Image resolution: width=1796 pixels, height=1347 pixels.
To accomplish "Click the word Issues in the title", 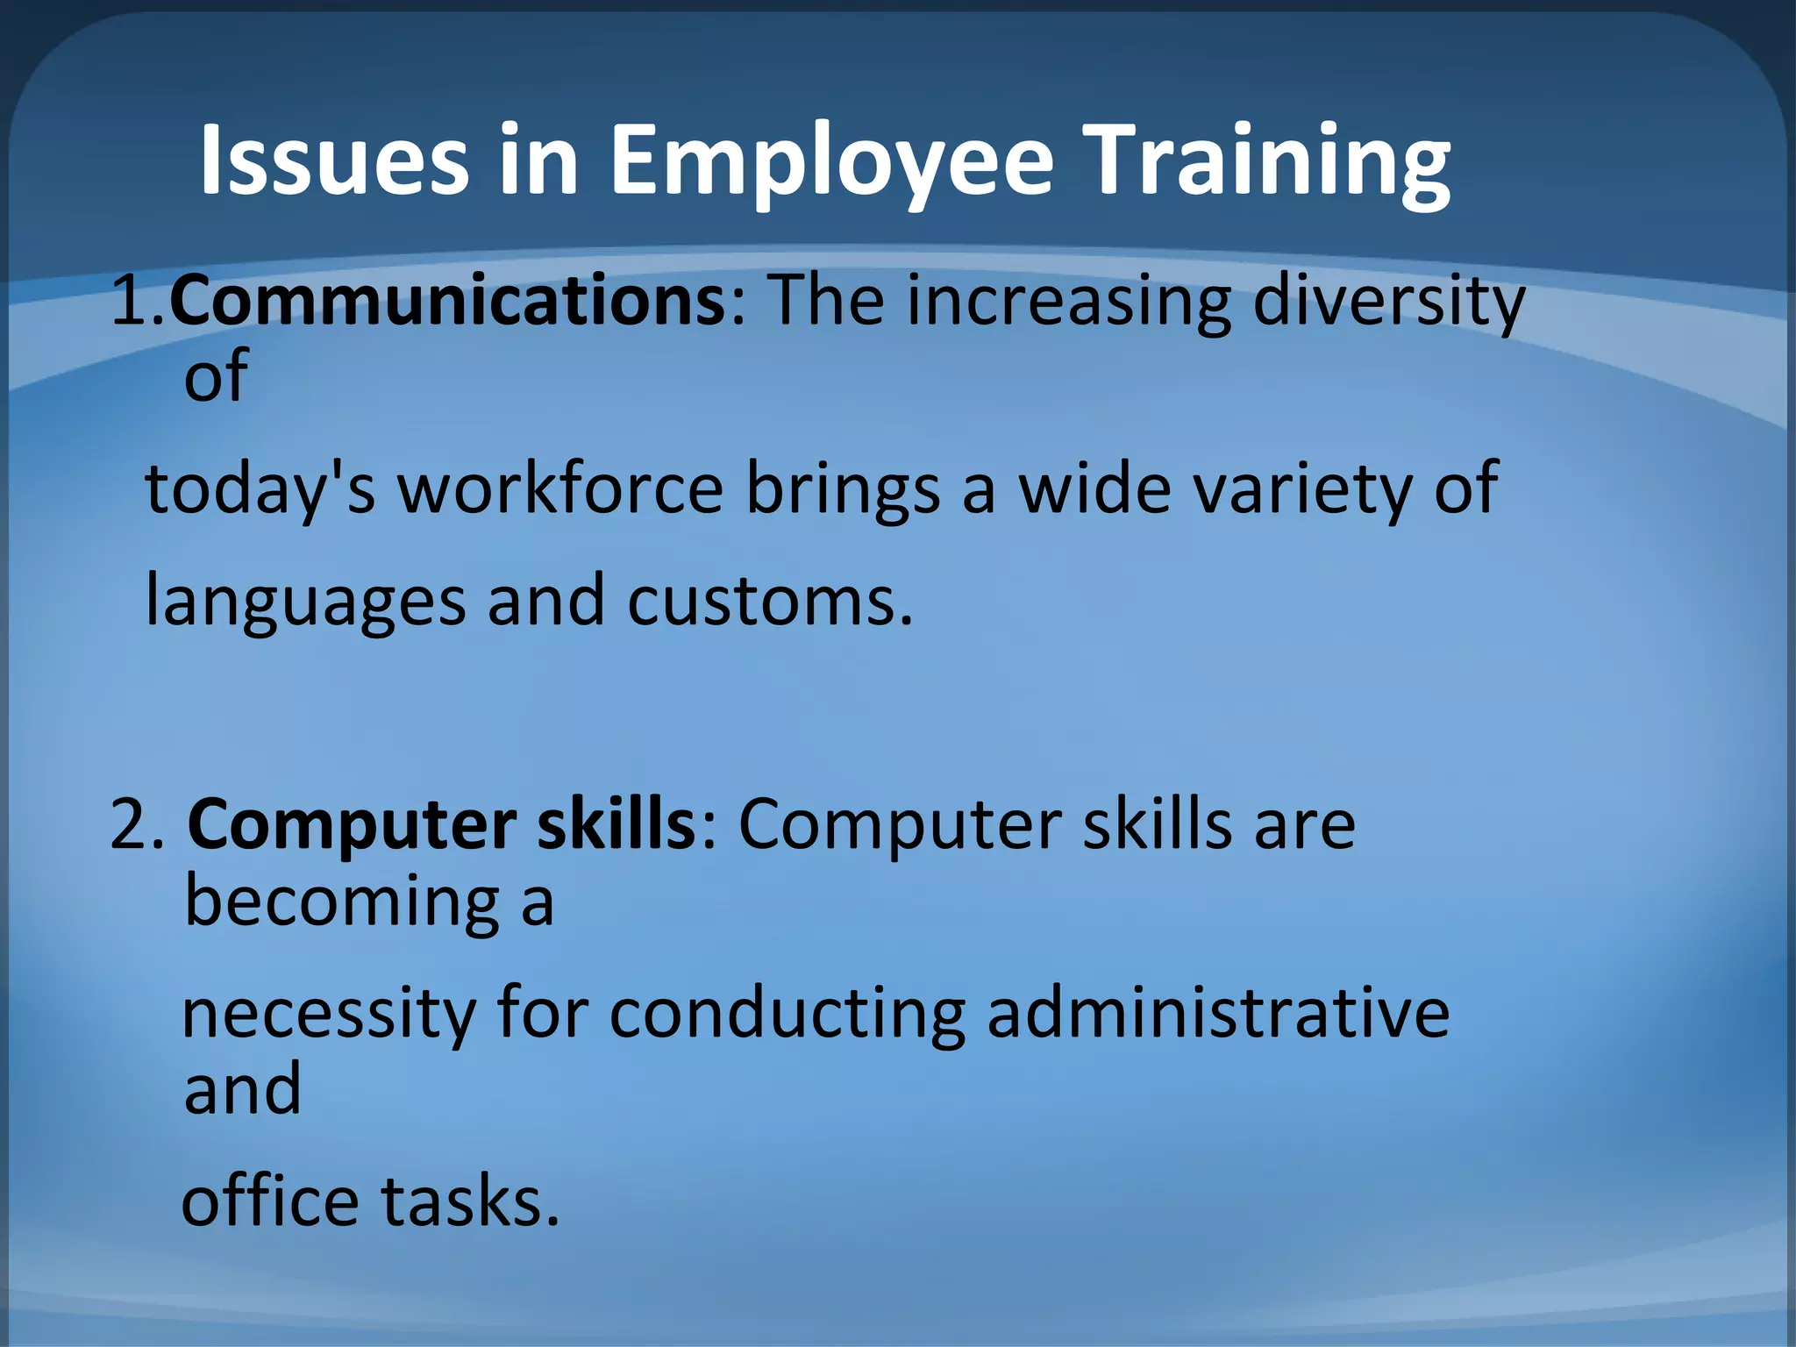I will tap(334, 160).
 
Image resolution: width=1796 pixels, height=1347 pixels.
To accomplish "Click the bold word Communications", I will tap(446, 301).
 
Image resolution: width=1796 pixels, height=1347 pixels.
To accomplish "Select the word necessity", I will tap(328, 1016).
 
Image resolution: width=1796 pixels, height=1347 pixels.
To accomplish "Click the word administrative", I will tap(1218, 1014).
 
